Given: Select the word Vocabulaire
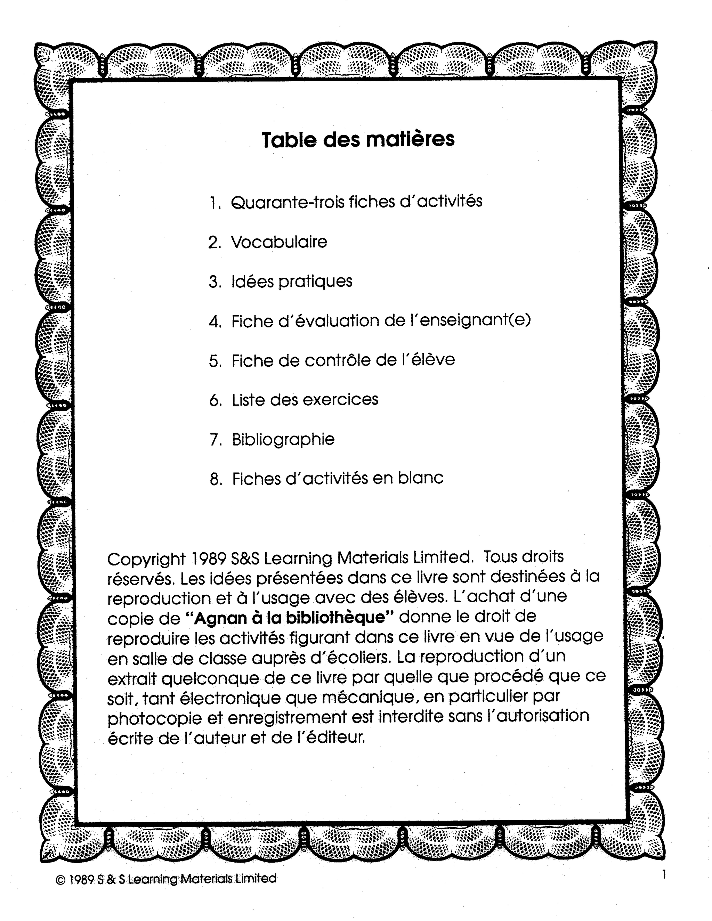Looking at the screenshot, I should tap(279, 242).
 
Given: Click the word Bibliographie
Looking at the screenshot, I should tap(283, 439).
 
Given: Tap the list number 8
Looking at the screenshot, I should tap(215, 479).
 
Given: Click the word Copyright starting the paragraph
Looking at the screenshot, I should tap(146, 560).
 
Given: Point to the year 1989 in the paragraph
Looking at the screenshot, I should tap(209, 559).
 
